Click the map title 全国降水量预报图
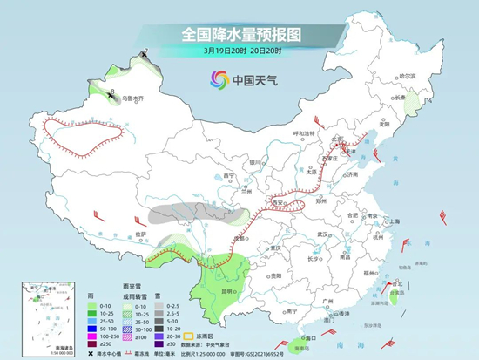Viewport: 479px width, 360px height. (239, 34)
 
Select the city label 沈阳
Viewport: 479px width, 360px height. (383, 125)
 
